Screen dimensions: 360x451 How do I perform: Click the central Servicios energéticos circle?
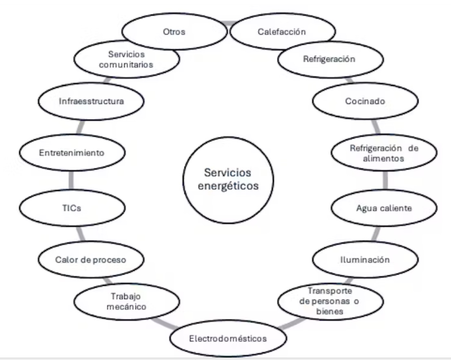pyautogui.click(x=229, y=179)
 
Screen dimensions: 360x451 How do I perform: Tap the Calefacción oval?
pyautogui.click(x=282, y=32)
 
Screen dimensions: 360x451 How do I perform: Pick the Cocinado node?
pyautogui.click(x=365, y=101)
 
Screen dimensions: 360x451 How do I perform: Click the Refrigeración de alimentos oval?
pyautogui.click(x=384, y=153)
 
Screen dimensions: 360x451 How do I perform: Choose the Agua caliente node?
pyautogui.click(x=384, y=208)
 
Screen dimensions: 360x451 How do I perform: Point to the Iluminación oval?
pyautogui.click(x=365, y=259)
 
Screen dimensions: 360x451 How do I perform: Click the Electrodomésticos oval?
pyautogui.click(x=228, y=338)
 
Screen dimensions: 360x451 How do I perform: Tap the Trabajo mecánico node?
pyautogui.click(x=128, y=301)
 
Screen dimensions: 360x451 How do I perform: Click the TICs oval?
pyautogui.click(x=72, y=208)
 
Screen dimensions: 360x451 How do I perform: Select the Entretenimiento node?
pyautogui.click(x=72, y=153)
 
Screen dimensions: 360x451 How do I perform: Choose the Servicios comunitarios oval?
pyautogui.click(x=128, y=59)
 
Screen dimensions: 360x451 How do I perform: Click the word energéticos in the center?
pyautogui.click(x=229, y=186)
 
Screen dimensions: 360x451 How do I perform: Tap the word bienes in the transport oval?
pyautogui.click(x=330, y=312)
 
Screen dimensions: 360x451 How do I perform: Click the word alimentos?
pyautogui.click(x=384, y=158)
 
